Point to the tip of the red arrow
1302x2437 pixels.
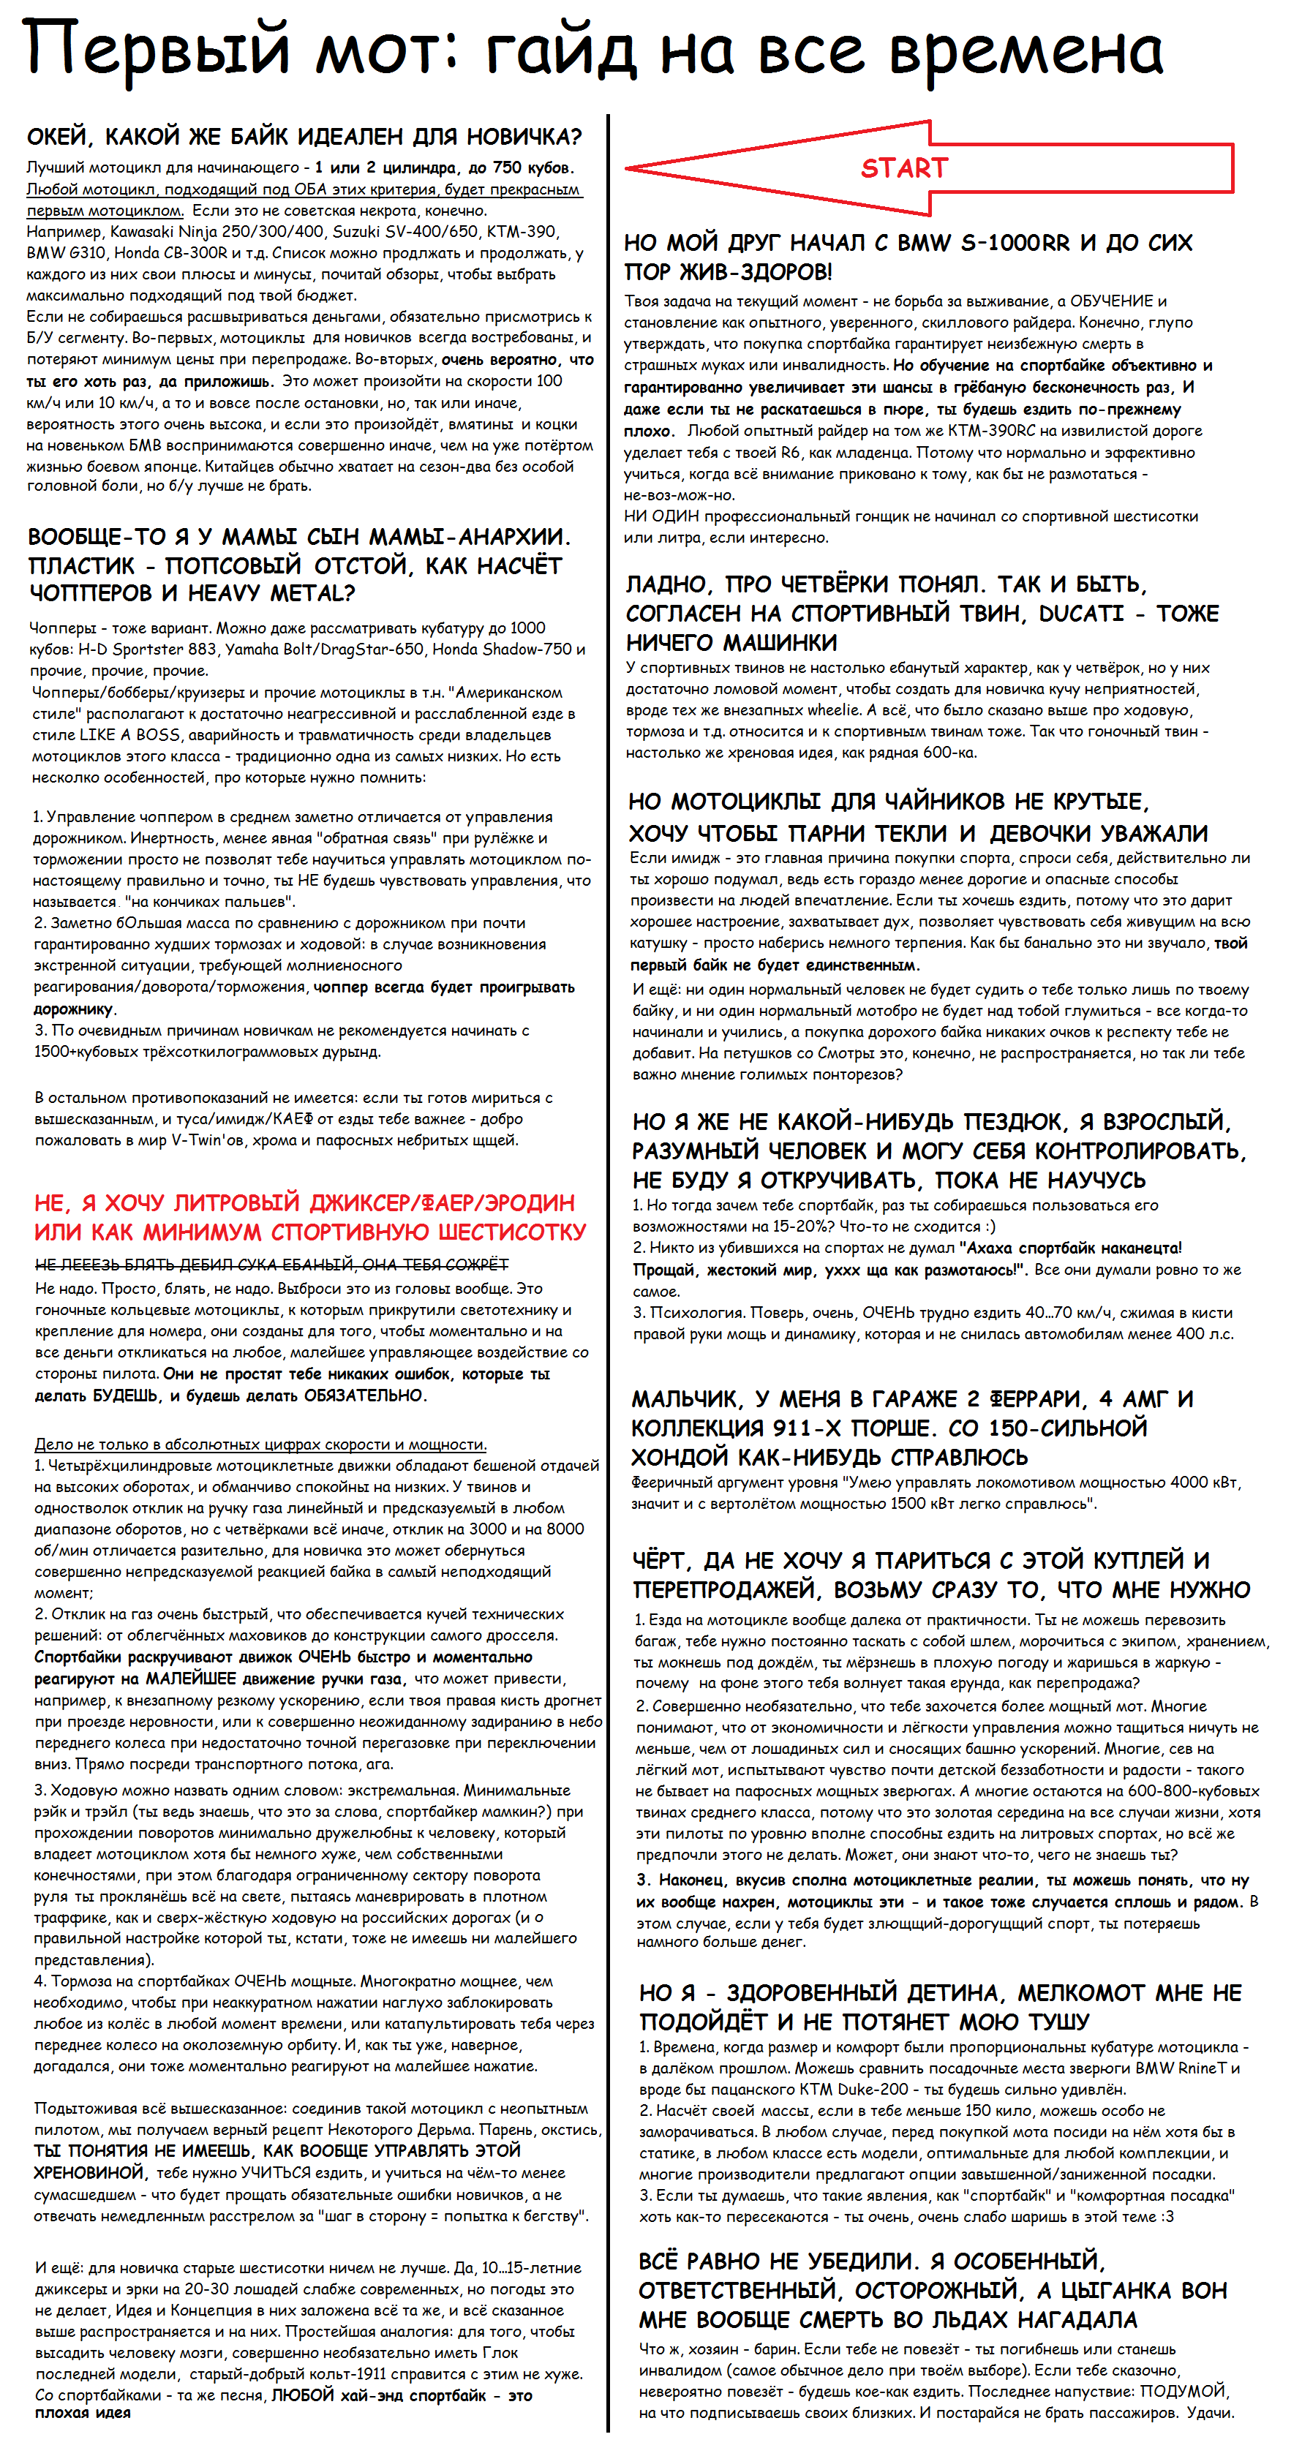tap(628, 168)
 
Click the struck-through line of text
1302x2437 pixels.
tap(271, 1265)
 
